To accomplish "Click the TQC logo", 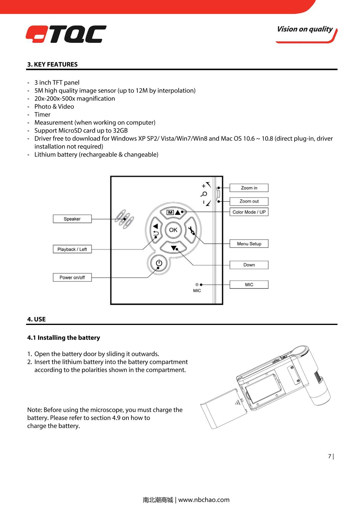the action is (66, 34).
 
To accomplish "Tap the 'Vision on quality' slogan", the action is (305, 29).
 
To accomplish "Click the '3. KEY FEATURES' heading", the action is (52, 64).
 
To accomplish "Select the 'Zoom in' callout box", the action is (249, 188).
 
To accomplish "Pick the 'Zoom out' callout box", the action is (249, 201).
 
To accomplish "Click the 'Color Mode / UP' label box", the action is (249, 212).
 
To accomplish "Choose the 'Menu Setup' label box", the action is (249, 244).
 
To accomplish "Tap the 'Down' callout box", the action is (249, 265).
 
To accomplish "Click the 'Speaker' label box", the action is (72, 219).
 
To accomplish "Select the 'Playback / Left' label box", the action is (72, 249).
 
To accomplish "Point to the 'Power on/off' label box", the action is (72, 278).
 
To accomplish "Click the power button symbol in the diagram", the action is (159, 263).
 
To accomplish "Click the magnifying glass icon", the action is (204, 194).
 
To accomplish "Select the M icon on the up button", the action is (170, 213).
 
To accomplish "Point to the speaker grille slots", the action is (124, 219).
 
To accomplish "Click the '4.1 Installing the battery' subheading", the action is (63, 338).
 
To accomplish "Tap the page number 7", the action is (329, 456).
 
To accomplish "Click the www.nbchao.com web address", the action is (204, 500).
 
